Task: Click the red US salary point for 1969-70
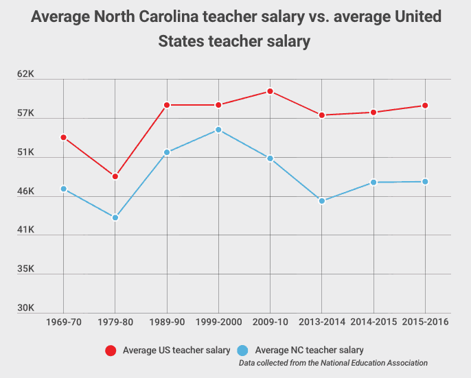[x=64, y=137]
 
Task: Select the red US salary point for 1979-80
[x=115, y=176]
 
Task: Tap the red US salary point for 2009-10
[x=271, y=91]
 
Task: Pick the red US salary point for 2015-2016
[x=425, y=106]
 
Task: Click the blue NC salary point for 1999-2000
[x=218, y=130]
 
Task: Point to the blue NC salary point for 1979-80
[x=115, y=217]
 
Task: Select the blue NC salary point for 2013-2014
[x=322, y=201]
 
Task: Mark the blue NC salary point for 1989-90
[x=167, y=152]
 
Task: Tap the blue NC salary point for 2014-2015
[x=374, y=182]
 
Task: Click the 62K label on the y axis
[x=26, y=73]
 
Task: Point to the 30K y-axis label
[x=26, y=307]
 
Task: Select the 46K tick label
[x=26, y=191]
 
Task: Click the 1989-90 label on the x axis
[x=167, y=321]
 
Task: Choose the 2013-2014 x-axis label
[x=322, y=321]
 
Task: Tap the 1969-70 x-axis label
[x=64, y=321]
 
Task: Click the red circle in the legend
[x=111, y=351]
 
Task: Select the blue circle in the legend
[x=243, y=351]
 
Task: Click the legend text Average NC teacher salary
[x=309, y=351]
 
